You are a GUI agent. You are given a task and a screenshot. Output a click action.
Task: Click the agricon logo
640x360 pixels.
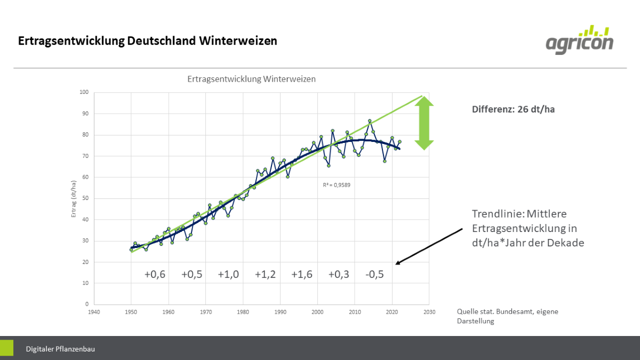click(579, 39)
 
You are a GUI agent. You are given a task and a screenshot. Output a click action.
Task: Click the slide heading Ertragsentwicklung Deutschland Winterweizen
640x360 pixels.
click(148, 41)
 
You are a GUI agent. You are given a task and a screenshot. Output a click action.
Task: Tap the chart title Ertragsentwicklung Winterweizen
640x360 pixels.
click(251, 79)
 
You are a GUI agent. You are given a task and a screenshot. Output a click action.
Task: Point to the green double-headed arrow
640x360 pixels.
click(425, 123)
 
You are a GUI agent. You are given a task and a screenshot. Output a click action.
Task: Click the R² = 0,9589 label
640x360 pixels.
click(336, 185)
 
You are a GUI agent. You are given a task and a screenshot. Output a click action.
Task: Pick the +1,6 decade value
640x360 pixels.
click(301, 275)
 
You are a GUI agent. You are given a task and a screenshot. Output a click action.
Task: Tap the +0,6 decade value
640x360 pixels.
click(155, 275)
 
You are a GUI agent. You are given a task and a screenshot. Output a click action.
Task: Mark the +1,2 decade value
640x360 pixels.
click(265, 275)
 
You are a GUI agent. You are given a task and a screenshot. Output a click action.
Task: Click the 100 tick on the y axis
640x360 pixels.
click(84, 92)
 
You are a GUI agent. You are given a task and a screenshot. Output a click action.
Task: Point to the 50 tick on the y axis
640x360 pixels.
click(85, 198)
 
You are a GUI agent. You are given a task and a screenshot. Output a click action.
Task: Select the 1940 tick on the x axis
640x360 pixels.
click(94, 312)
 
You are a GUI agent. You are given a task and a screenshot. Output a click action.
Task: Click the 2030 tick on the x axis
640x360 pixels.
click(429, 312)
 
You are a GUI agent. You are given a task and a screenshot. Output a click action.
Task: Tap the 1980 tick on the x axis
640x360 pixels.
click(243, 312)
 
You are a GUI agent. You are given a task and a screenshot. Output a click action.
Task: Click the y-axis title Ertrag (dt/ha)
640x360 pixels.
click(74, 198)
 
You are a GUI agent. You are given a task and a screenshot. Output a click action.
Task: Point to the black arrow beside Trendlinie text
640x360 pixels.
click(429, 246)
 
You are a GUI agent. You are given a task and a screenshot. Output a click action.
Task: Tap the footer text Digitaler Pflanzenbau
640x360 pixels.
click(60, 349)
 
